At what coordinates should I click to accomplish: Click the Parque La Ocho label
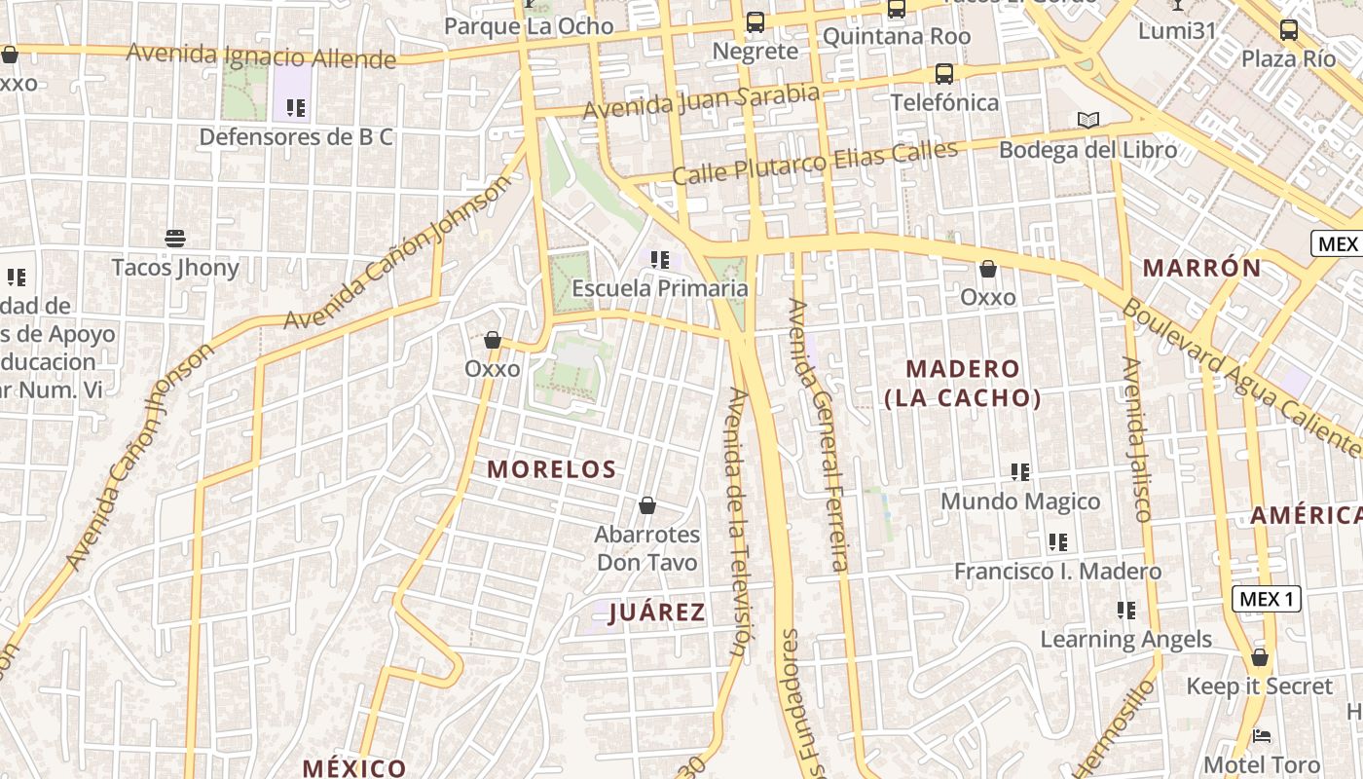click(x=529, y=26)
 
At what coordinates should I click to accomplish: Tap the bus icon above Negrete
click(x=755, y=22)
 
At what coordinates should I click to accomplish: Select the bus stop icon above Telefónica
click(x=943, y=74)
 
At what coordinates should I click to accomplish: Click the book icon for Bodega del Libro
click(x=1087, y=121)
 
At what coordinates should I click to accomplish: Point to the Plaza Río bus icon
click(x=1288, y=30)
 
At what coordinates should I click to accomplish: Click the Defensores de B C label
click(x=296, y=137)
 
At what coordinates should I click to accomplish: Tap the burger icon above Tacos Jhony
click(x=175, y=239)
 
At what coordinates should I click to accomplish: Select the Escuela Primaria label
click(x=660, y=288)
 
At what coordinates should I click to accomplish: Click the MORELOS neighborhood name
click(x=552, y=469)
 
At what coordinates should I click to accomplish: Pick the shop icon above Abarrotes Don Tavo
click(x=647, y=505)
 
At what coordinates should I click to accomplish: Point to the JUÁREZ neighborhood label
click(x=656, y=612)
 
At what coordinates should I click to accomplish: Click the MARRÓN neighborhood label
click(x=1201, y=268)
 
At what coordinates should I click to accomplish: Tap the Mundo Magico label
click(x=1020, y=501)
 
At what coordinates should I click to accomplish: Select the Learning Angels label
click(x=1125, y=639)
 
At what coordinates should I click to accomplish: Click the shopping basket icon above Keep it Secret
click(x=1260, y=657)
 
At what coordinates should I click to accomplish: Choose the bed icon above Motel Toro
click(x=1262, y=735)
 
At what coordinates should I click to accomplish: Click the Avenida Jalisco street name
click(x=1136, y=439)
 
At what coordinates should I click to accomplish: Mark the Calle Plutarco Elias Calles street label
click(x=815, y=163)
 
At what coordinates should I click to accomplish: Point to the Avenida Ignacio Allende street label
click(x=261, y=56)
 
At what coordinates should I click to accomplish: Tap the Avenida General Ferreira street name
click(x=818, y=433)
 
